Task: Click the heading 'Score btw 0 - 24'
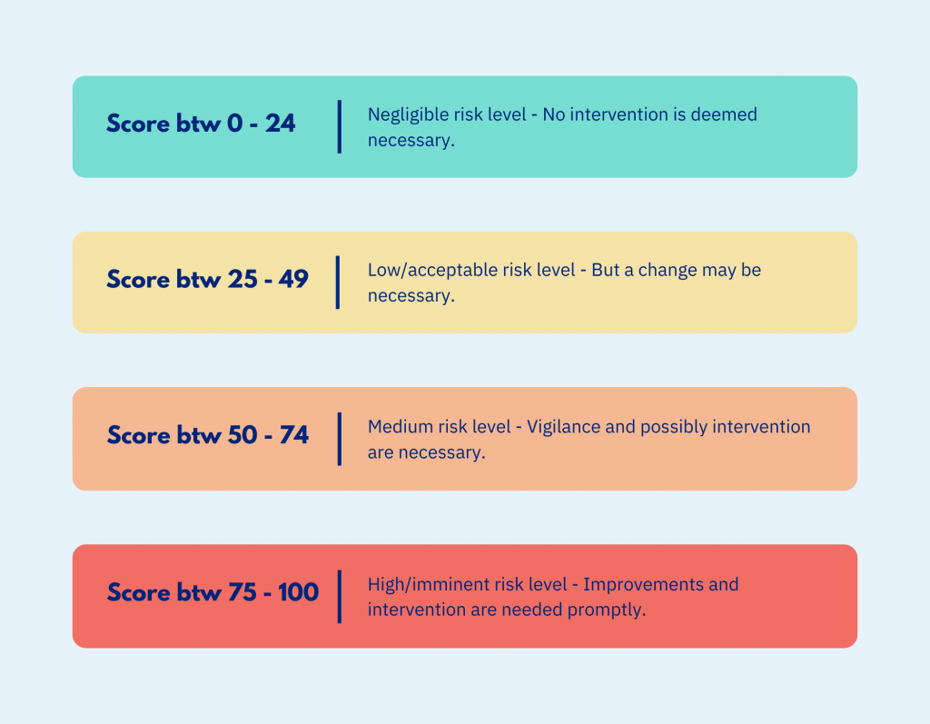(x=201, y=124)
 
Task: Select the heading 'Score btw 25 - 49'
(x=207, y=279)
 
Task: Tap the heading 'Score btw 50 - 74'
(x=208, y=435)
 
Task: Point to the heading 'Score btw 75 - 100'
(x=213, y=592)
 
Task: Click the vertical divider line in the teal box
(x=340, y=126)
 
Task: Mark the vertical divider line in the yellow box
(x=338, y=283)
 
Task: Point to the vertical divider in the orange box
(x=340, y=439)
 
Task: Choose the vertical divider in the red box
(x=340, y=597)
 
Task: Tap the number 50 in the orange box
(x=242, y=435)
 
